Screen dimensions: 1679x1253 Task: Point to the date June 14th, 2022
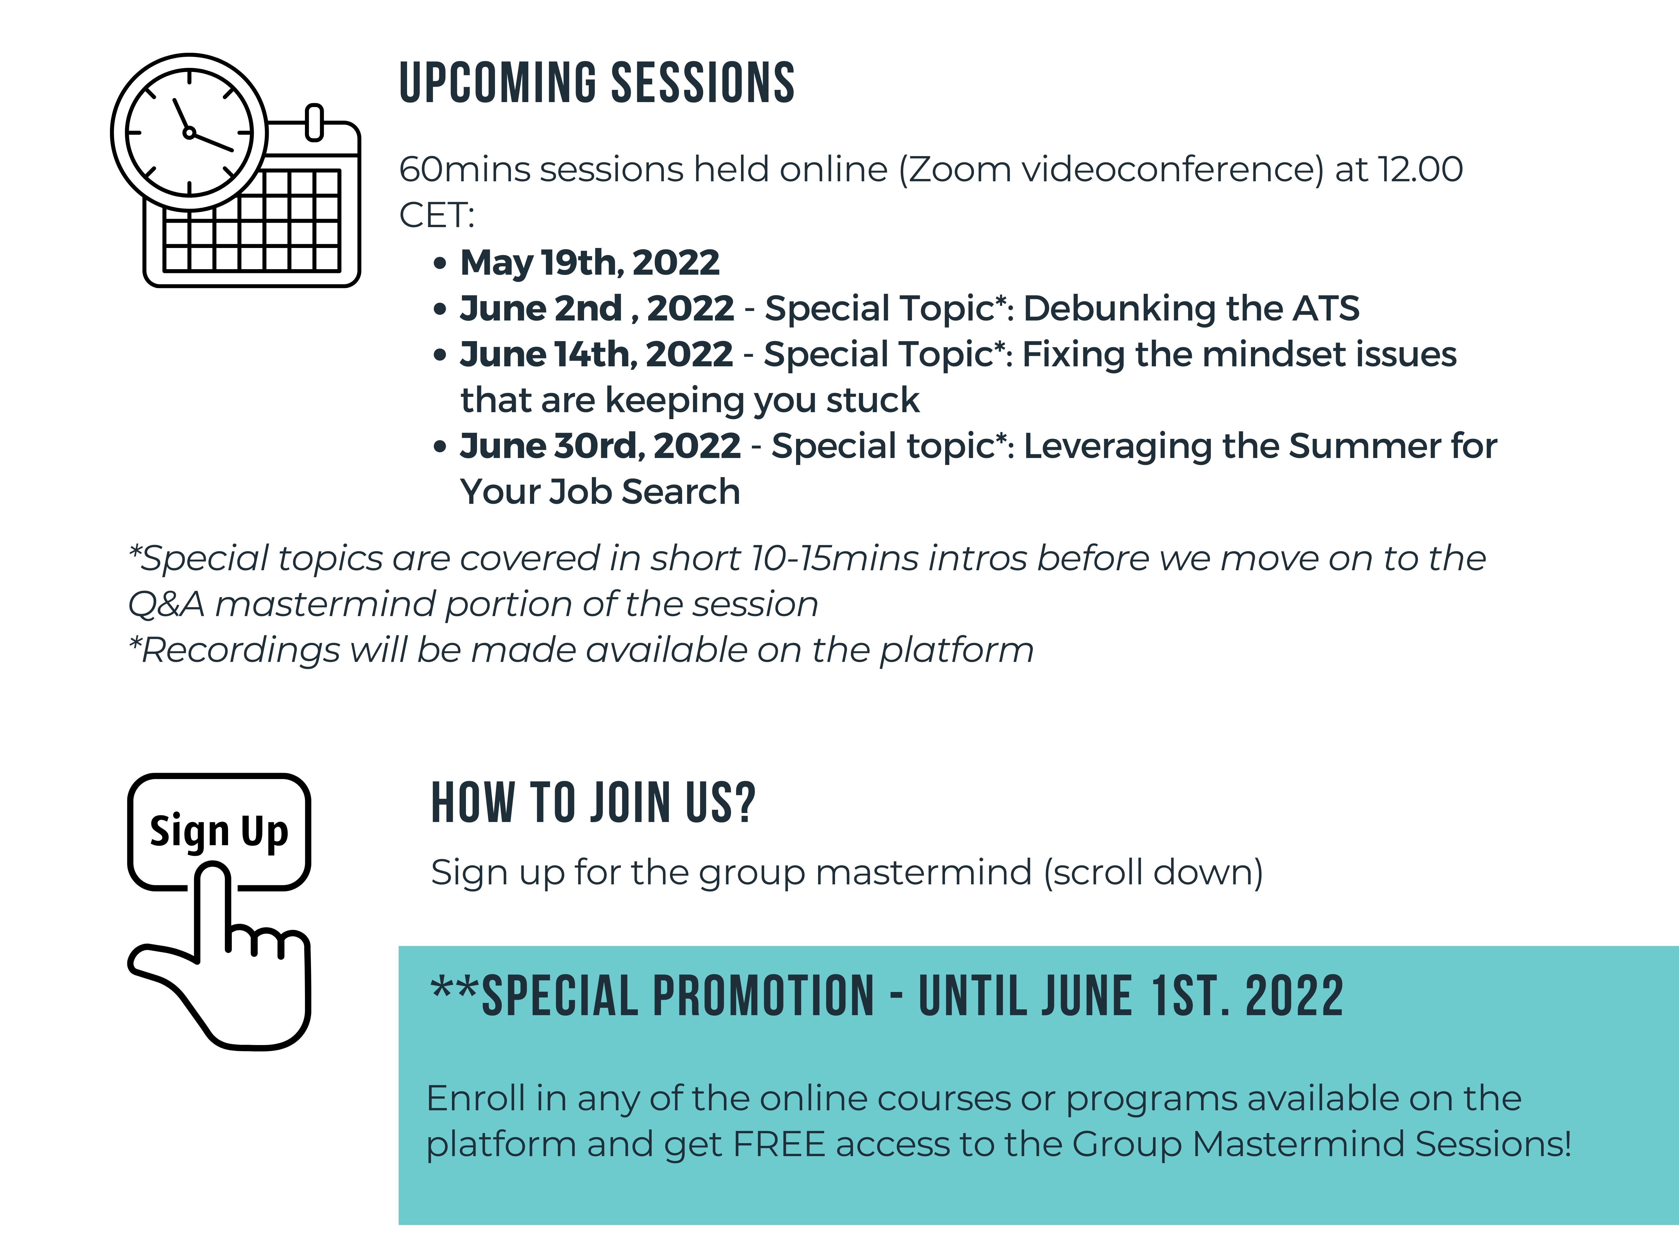[596, 354]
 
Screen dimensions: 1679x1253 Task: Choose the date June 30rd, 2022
[600, 446]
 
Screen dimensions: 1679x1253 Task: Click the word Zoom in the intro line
[960, 169]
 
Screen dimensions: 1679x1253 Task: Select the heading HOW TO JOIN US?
[593, 803]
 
